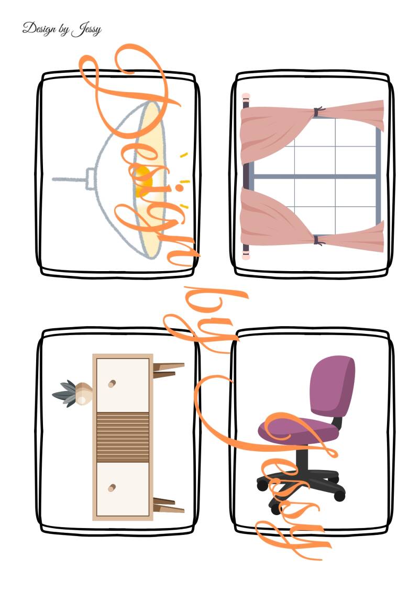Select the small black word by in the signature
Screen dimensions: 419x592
click(x=63, y=29)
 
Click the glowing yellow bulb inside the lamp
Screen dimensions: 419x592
click(x=145, y=177)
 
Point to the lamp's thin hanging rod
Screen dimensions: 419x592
click(x=69, y=179)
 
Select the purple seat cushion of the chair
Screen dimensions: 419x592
click(x=299, y=431)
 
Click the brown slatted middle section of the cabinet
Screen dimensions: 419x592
click(x=123, y=437)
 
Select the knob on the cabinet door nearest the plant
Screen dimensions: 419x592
click(x=112, y=384)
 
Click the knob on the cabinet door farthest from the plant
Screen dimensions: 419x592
click(x=112, y=488)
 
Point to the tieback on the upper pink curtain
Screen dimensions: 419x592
click(x=318, y=112)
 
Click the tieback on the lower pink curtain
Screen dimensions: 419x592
click(x=318, y=240)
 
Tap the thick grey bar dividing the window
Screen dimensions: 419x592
click(x=314, y=176)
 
